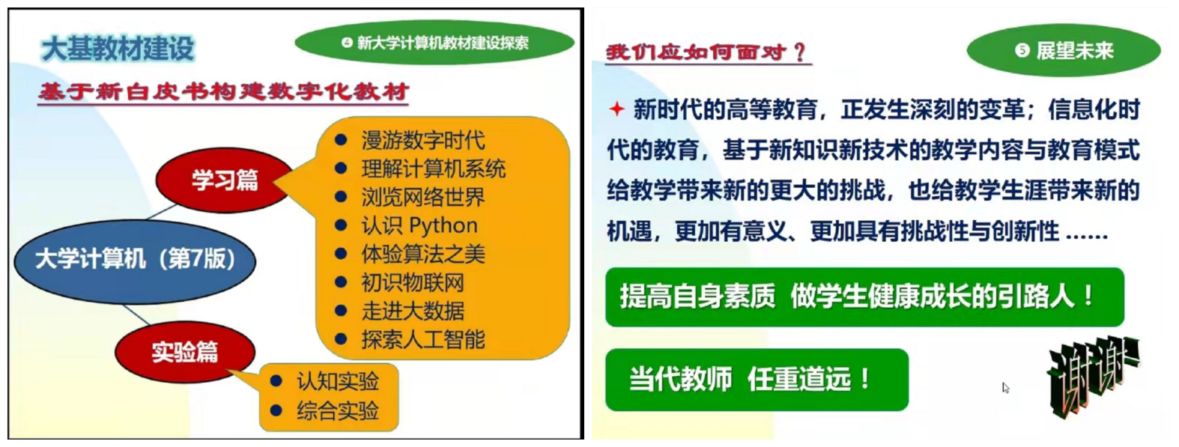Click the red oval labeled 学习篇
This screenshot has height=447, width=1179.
point(225,180)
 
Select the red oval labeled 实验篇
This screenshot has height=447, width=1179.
point(185,352)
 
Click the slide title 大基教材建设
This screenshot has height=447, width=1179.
point(118,49)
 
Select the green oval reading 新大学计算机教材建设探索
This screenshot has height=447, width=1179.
point(434,43)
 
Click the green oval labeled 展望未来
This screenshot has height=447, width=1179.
point(1064,50)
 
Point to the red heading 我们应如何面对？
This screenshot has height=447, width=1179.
point(706,52)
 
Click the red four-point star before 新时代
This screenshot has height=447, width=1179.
point(616,109)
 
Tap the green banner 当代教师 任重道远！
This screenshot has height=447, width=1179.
point(757,379)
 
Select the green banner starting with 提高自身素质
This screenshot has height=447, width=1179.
point(865,297)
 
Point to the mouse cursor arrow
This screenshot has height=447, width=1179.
point(1006,388)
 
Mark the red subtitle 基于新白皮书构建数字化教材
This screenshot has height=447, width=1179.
point(224,92)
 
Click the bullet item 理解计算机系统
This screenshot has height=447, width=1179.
point(434,168)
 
